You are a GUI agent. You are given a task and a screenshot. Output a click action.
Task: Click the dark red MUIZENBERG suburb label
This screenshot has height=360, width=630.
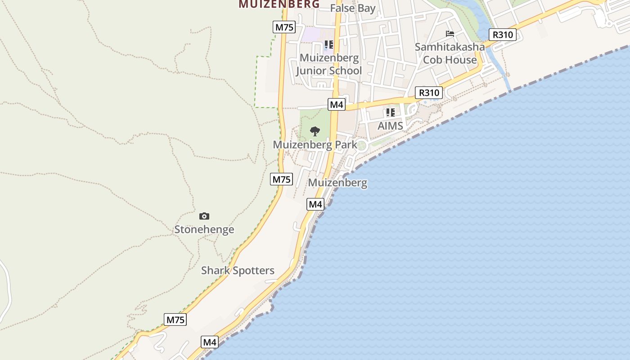click(x=279, y=4)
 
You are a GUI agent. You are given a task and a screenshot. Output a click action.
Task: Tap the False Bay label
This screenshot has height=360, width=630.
click(x=353, y=8)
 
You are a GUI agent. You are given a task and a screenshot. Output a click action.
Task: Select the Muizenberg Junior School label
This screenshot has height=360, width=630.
click(x=329, y=64)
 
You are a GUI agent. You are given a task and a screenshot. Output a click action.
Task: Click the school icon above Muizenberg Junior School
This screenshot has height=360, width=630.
click(x=329, y=45)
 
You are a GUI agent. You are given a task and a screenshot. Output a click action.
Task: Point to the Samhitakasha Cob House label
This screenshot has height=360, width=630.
click(x=450, y=53)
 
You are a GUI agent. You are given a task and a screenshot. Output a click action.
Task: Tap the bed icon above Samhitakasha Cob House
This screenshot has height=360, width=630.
click(x=450, y=33)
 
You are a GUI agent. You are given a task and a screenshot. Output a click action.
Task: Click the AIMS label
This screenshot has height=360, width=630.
click(x=390, y=126)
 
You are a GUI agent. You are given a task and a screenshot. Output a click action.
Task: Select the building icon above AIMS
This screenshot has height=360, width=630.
click(x=390, y=112)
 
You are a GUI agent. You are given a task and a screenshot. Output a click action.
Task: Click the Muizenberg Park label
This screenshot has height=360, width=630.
click(x=315, y=145)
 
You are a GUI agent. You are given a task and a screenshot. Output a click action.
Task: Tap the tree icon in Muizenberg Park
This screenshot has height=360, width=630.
click(x=315, y=131)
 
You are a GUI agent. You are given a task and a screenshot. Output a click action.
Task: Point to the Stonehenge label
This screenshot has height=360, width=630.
click(x=204, y=229)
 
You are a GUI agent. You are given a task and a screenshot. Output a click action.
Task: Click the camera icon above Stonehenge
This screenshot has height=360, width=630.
click(x=204, y=216)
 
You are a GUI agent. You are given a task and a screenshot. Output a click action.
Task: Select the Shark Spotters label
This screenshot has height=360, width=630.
click(x=238, y=270)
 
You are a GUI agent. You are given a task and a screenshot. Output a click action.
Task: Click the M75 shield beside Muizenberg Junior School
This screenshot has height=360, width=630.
click(x=284, y=27)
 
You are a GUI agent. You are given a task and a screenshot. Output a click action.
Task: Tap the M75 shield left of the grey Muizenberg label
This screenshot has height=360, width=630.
click(x=282, y=179)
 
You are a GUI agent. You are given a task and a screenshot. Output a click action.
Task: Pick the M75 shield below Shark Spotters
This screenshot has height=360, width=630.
click(x=175, y=320)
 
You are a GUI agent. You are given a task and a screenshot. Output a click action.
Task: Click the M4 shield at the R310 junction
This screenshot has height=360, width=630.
click(x=337, y=105)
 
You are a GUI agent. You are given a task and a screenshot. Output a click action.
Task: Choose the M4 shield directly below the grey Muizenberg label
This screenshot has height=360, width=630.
click(x=315, y=204)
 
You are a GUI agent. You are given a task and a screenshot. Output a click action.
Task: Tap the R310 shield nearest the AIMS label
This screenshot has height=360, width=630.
click(x=429, y=93)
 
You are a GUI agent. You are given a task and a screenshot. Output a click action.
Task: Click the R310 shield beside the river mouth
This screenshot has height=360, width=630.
click(x=502, y=35)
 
